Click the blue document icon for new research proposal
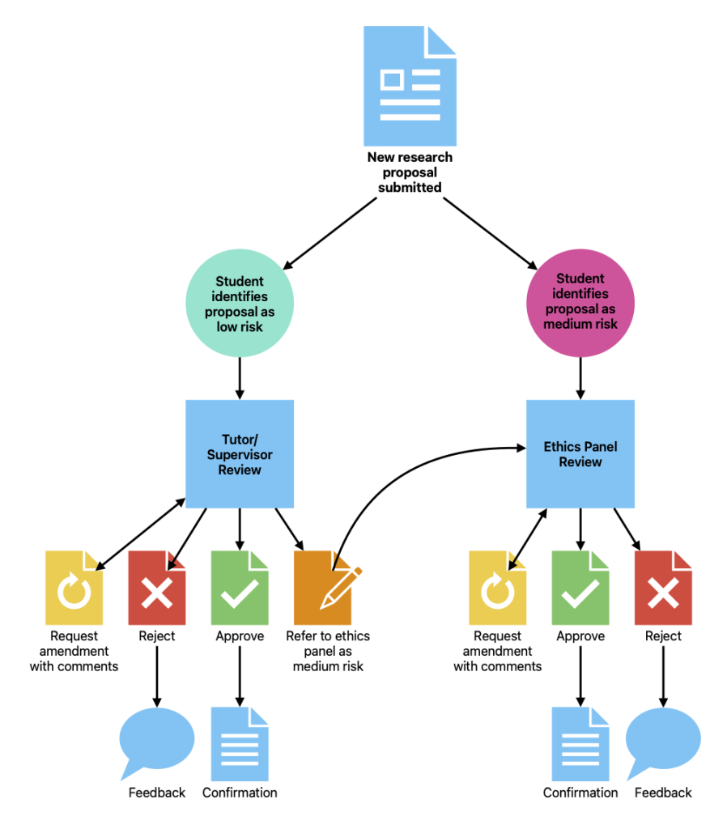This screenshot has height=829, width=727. click(410, 86)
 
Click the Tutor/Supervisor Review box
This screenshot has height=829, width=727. click(239, 453)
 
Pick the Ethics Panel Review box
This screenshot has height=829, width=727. click(580, 453)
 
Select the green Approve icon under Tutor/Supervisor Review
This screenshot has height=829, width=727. click(239, 587)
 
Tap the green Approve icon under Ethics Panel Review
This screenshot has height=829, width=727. click(580, 587)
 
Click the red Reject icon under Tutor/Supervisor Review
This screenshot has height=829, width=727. click(156, 587)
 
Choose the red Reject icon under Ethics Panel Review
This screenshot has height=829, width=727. click(663, 587)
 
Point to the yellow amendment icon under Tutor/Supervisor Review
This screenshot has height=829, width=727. click(74, 587)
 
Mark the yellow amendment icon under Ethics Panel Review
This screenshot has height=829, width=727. click(497, 587)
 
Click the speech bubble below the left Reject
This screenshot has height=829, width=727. click(156, 739)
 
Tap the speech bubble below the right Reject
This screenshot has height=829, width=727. click(663, 739)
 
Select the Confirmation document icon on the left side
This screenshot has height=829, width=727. click(239, 743)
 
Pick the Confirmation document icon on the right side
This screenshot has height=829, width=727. click(580, 743)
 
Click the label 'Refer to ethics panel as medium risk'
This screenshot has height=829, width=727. click(328, 651)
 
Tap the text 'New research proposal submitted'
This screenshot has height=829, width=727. click(410, 172)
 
